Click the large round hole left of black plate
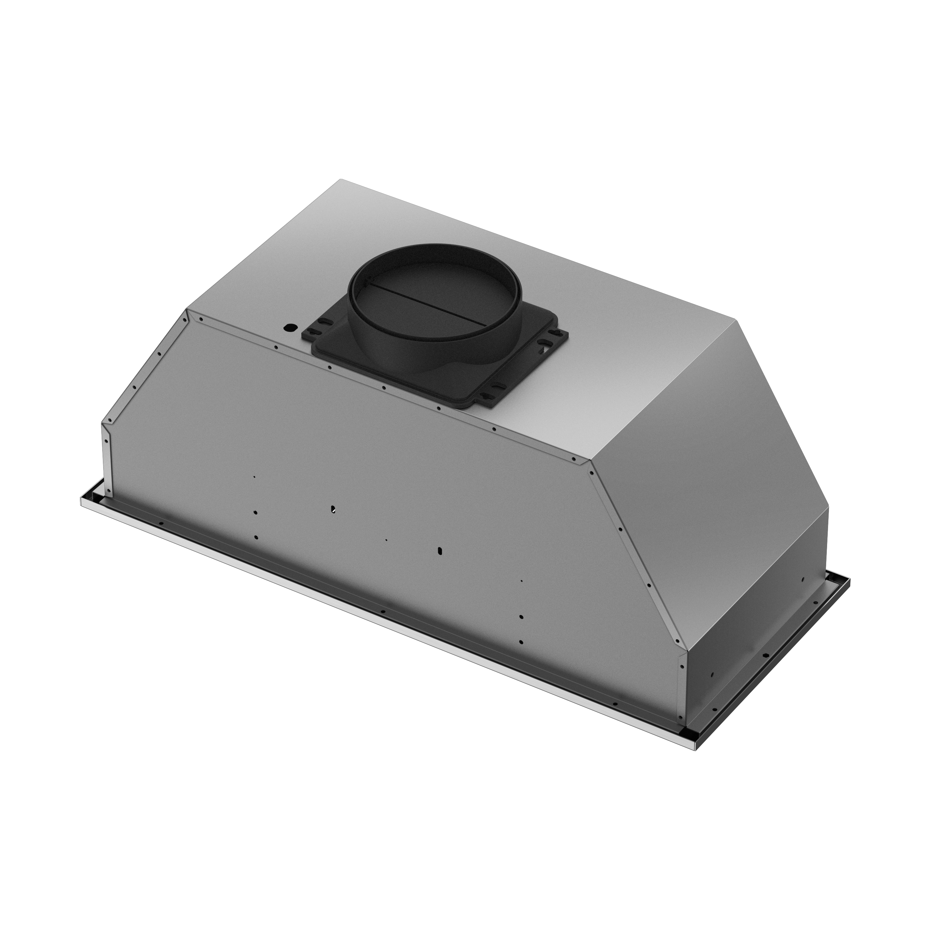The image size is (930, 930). pos(289,328)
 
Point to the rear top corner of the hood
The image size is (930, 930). pos(341,180)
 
